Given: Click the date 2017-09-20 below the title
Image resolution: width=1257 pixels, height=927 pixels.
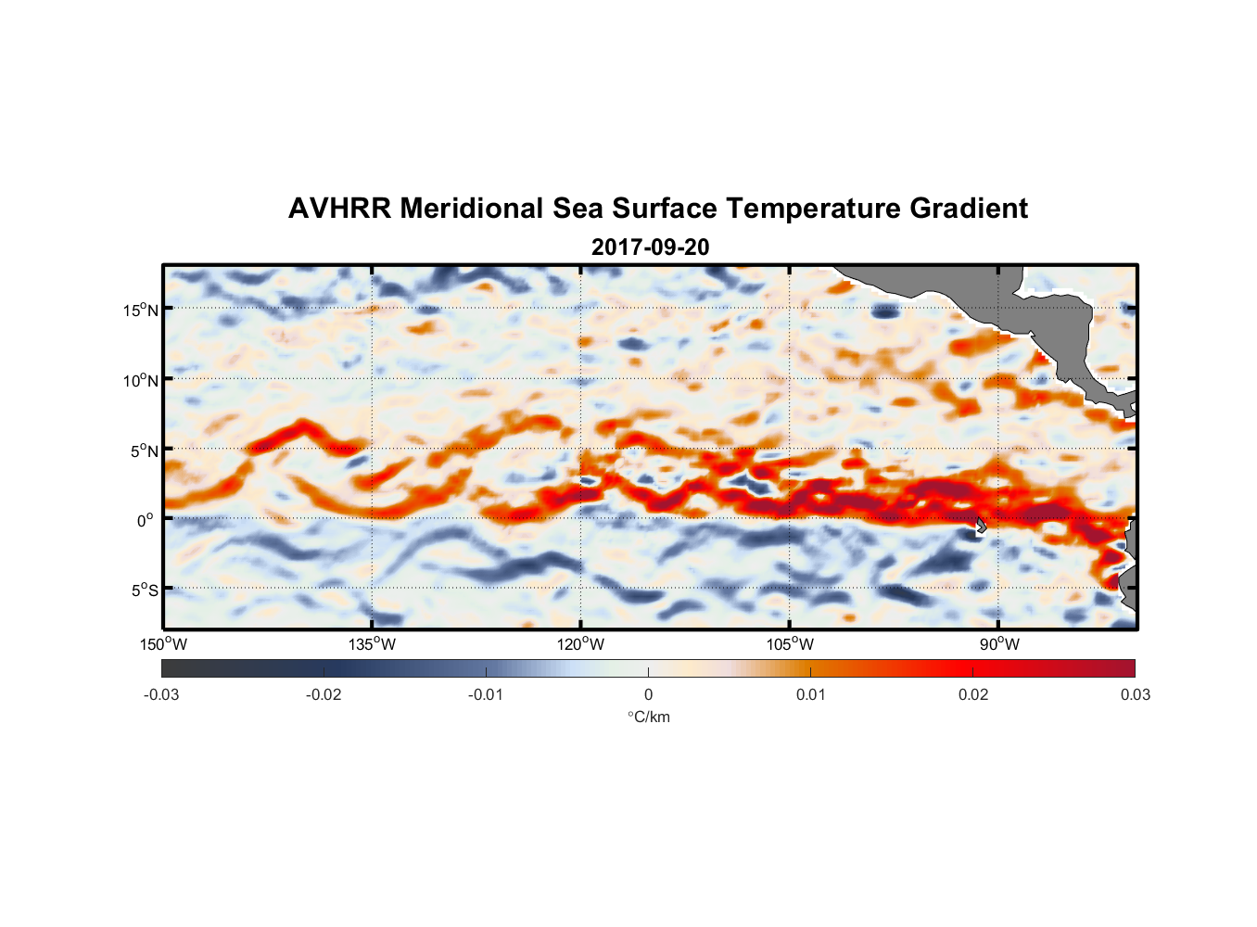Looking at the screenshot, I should pyautogui.click(x=650, y=248).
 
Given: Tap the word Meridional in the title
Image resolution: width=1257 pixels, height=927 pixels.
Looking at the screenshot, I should pyautogui.click(x=472, y=209).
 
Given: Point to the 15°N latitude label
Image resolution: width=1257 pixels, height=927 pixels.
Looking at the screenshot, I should pyautogui.click(x=141, y=310).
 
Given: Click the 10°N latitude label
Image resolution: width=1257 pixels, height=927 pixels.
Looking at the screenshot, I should pyautogui.click(x=141, y=380).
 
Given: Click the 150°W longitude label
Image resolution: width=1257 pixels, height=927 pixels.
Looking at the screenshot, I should pyautogui.click(x=163, y=644).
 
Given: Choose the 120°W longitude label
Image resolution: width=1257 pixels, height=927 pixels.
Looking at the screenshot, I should pyautogui.click(x=580, y=644).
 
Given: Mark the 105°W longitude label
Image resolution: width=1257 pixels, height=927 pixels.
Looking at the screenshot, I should pyautogui.click(x=790, y=644).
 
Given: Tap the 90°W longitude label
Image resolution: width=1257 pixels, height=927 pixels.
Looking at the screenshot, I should pyautogui.click(x=999, y=644).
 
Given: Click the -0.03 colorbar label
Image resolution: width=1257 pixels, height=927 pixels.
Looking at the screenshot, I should pyautogui.click(x=161, y=694).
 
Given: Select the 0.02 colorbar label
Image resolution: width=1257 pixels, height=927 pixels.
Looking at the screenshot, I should pyautogui.click(x=973, y=694).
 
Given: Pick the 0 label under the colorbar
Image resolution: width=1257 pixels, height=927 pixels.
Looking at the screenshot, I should pyautogui.click(x=648, y=694).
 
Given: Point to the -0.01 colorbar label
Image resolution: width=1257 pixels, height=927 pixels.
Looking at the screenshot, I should pyautogui.click(x=486, y=694).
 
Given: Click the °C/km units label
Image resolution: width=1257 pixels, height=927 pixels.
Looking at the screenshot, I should pyautogui.click(x=648, y=717).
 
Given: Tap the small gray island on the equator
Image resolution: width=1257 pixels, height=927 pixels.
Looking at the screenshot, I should pyautogui.click(x=980, y=525).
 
